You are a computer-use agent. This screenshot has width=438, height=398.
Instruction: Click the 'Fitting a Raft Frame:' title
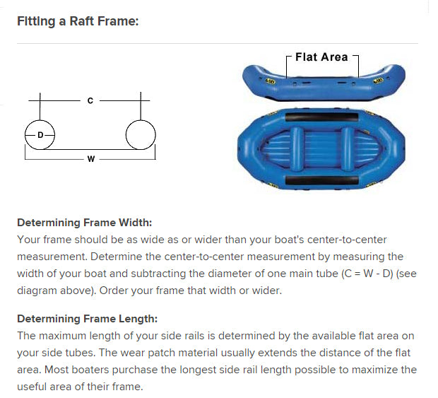pos(78,21)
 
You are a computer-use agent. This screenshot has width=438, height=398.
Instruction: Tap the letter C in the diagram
pos(90,100)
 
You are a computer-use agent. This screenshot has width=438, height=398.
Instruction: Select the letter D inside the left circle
pos(40,135)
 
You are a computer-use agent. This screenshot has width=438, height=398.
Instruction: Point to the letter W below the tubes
pos(91,159)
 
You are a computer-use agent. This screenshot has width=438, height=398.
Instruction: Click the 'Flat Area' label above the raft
pos(321,57)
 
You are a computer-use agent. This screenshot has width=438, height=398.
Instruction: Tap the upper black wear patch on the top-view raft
pos(321,117)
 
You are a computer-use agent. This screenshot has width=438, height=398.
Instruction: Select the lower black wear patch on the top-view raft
pos(322,180)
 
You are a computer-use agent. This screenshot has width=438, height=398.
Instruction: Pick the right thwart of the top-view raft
pos(347,149)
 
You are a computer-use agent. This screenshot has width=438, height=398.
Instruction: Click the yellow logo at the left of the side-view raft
pos(270,81)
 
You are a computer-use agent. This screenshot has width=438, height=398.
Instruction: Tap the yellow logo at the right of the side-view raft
pos(378,81)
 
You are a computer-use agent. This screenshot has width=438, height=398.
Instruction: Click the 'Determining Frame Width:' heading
pos(84,223)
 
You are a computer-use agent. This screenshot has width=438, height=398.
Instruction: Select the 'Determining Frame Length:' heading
pos(87,319)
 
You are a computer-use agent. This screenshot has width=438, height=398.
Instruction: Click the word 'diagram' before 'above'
pos(37,291)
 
